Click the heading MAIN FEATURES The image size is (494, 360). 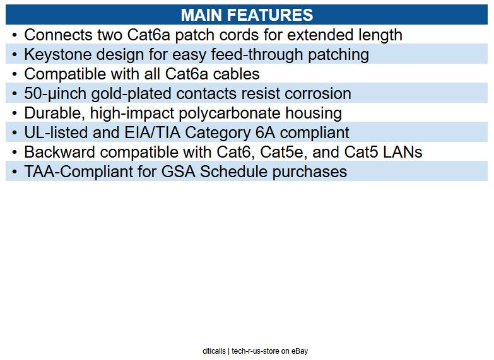247,15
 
